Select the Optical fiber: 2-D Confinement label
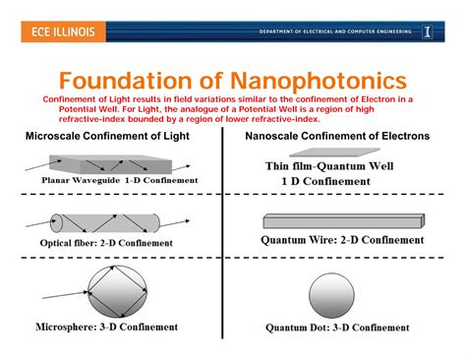click(x=107, y=243)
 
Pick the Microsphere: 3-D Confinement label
click(x=107, y=328)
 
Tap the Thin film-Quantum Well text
click(x=329, y=167)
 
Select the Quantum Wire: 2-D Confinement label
click(x=342, y=239)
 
